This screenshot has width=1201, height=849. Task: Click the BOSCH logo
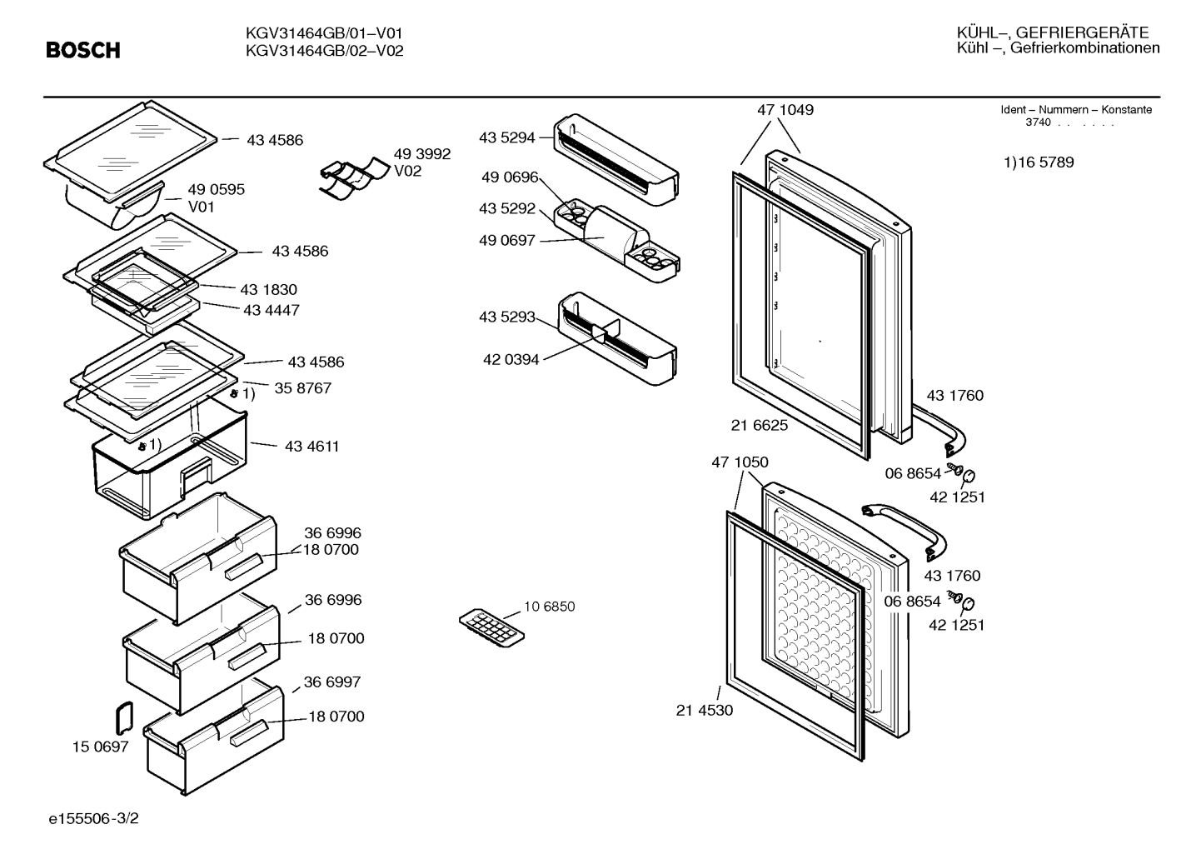coord(83,50)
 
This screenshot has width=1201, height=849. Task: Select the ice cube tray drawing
coord(491,627)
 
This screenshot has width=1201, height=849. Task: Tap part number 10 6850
coord(549,607)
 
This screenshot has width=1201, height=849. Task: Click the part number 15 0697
coord(100,747)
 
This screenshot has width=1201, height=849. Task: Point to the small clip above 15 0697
coord(124,717)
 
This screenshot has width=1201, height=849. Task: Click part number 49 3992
coord(422,154)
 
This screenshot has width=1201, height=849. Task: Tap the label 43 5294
coord(506,137)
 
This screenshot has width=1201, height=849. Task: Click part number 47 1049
coord(785,109)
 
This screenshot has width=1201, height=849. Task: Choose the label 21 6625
coord(760,425)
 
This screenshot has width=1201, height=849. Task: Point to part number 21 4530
coord(704,710)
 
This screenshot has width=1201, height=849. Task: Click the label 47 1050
coord(740,462)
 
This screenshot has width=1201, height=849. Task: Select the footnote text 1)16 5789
coord(1039,162)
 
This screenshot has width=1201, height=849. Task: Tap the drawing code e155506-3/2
coord(94,818)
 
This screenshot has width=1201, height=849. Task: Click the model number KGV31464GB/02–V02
coord(324,51)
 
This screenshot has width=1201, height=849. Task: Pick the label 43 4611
coord(311,447)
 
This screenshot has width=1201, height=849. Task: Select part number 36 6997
coord(331,682)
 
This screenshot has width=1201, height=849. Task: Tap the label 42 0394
coord(511,359)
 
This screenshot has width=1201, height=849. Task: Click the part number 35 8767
coord(303,387)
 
